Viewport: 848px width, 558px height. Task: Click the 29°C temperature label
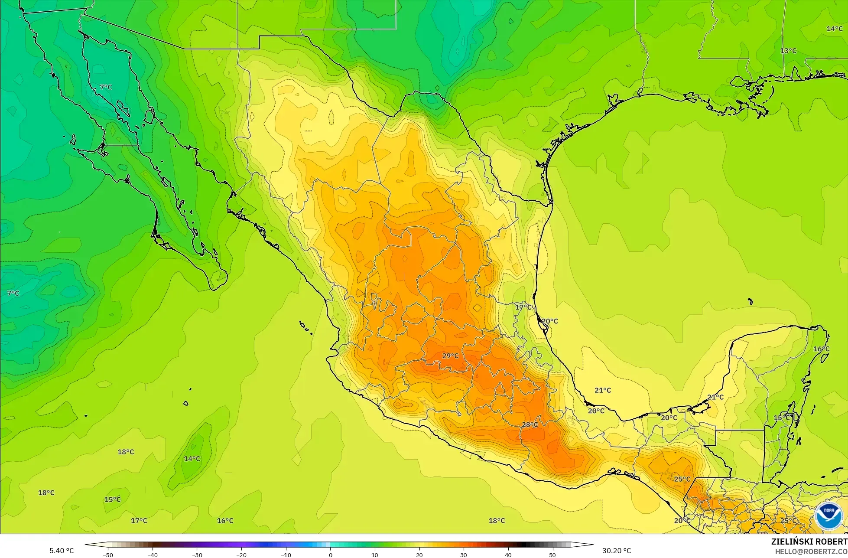[x=450, y=356]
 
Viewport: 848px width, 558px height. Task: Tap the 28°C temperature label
[x=530, y=424]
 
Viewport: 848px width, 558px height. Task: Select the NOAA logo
[x=829, y=516]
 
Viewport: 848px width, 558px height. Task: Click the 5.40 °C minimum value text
[x=62, y=551]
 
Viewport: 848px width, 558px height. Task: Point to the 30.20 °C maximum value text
[x=617, y=551]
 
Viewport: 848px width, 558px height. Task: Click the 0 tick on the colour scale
[x=330, y=555]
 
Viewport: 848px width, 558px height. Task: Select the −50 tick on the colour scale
[x=108, y=555]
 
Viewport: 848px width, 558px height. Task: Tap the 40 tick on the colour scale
[x=508, y=555]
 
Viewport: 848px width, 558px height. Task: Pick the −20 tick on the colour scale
[x=241, y=555]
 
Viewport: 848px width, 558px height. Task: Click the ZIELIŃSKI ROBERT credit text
[x=809, y=542]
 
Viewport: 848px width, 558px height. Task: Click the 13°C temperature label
[x=788, y=51]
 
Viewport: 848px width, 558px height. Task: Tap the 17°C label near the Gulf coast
[x=523, y=307]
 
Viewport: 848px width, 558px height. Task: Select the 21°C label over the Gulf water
[x=602, y=390]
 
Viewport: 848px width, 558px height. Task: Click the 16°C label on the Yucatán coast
[x=821, y=349]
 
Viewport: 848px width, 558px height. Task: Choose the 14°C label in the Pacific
[x=192, y=459]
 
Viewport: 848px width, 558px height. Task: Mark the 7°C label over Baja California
[x=106, y=87]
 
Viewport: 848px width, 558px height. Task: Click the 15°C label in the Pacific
[x=113, y=499]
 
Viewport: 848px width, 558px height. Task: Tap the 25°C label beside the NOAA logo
[x=788, y=521]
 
